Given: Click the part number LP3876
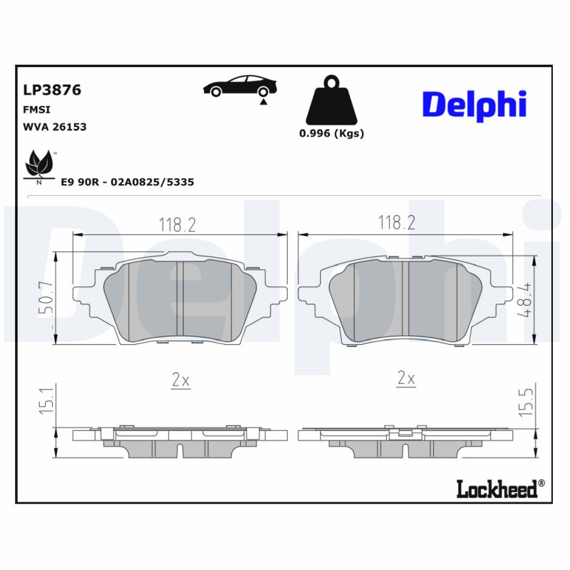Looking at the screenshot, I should pos(52,90).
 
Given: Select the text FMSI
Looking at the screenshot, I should pos(36,110).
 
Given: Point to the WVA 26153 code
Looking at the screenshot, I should pos(55,127).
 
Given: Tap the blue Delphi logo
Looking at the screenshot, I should pos(474,104).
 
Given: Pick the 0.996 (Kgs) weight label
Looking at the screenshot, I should pos(331,134).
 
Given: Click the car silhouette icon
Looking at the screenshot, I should pos(240,87).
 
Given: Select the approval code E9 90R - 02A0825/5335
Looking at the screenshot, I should pos(128,182).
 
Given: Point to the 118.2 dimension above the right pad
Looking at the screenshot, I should pos(397,223).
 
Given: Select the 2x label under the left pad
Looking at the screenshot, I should pos(180,380).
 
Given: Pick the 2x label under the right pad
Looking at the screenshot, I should pos(405,378).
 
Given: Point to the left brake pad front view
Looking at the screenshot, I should pos(181,300).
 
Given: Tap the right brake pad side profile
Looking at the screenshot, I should pos(406,440).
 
